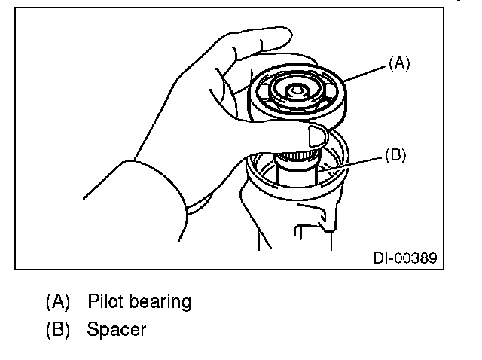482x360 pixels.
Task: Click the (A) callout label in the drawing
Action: [399, 65]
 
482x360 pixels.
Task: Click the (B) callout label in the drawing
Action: [395, 155]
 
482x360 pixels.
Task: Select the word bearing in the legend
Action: [162, 303]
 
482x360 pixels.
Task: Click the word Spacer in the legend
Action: [116, 329]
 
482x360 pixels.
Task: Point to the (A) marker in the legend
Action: [57, 302]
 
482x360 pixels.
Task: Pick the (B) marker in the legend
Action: [57, 329]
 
